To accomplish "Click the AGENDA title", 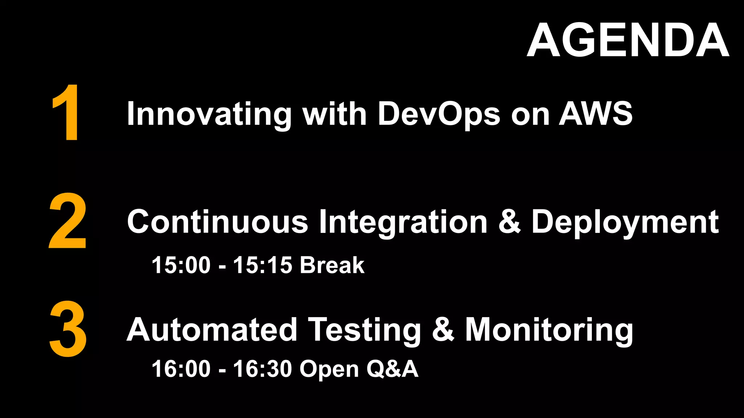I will point(628,40).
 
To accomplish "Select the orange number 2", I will point(68,221).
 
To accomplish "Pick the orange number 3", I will point(68,329).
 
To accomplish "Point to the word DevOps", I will point(439,114).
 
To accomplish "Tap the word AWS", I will point(596,114).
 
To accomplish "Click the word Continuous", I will point(217,222).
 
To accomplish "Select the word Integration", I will point(403,222).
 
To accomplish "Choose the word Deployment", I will point(625,222).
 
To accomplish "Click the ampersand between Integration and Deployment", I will point(509,222).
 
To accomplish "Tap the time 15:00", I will point(181,265).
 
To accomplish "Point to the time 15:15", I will point(262,265).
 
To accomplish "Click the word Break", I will point(332,265).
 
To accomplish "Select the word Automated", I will point(212,330).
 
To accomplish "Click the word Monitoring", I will point(549,330).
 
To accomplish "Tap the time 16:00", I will point(181,369).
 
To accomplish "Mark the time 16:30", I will point(262,369).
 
